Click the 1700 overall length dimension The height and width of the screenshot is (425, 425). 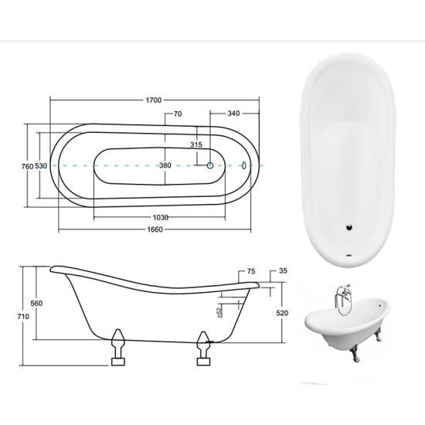click(154, 100)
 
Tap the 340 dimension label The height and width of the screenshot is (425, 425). click(233, 114)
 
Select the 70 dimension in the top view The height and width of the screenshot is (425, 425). click(178, 114)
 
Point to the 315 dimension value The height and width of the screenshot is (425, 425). click(196, 145)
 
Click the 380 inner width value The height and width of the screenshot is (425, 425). click(165, 165)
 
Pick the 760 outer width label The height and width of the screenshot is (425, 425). click(27, 166)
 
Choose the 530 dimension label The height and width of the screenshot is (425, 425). click(41, 166)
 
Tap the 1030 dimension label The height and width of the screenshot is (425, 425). click(161, 217)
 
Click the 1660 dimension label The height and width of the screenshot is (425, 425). click(155, 229)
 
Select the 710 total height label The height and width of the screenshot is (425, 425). click(23, 316)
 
